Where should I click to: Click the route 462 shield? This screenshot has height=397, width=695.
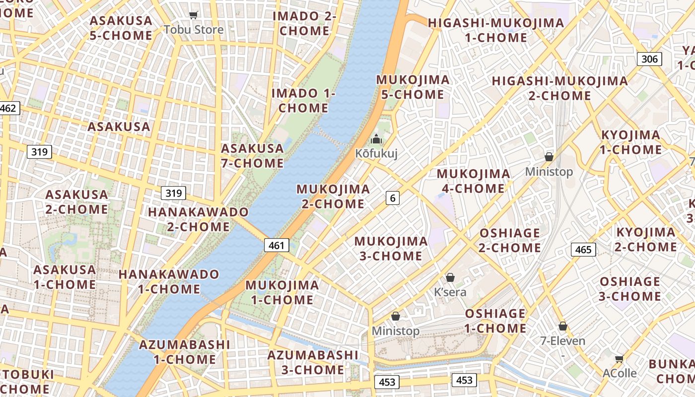point(8,108)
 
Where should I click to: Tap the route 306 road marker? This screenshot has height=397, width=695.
point(649,60)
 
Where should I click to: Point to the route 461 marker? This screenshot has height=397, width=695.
point(277,245)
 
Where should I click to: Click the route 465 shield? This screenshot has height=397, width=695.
point(583,249)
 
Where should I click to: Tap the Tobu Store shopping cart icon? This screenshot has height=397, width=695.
point(194,15)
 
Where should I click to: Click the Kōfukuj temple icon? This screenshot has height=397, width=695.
point(376,139)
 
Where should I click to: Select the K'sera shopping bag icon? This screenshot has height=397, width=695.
point(450,277)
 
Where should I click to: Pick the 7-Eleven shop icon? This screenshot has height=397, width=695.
point(562,326)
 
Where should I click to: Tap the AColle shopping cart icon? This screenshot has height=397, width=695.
point(619,359)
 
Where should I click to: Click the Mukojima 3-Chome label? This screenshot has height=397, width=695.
point(391,249)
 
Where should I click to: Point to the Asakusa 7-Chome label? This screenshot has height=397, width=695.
point(252,156)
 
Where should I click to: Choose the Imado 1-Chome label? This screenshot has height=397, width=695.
point(303,101)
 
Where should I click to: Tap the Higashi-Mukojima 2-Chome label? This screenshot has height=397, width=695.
point(559,88)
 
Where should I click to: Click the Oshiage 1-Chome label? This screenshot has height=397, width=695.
point(495,321)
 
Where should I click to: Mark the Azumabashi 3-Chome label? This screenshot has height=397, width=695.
point(313,362)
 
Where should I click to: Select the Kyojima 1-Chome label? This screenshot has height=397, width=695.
point(631,142)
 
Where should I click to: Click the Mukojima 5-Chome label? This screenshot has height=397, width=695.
point(413,87)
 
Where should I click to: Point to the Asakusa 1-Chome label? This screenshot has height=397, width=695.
point(65,277)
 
